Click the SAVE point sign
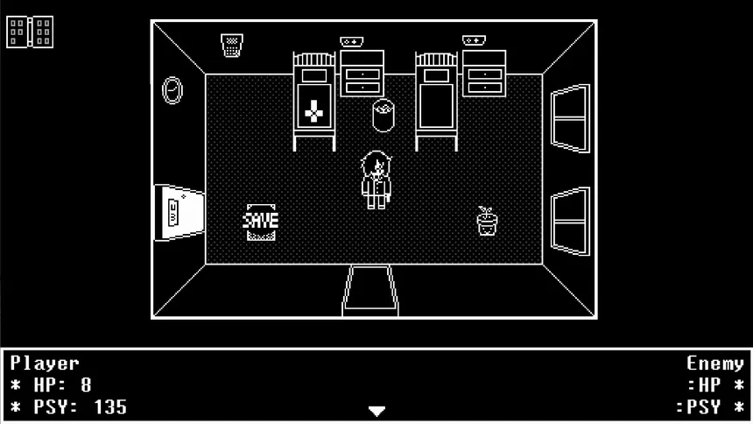(x=260, y=222)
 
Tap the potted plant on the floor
(x=487, y=221)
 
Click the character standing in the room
(x=376, y=180)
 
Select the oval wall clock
(x=172, y=90)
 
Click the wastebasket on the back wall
(x=232, y=46)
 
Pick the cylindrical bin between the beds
(x=384, y=116)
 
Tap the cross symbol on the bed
(x=313, y=111)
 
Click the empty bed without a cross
(x=437, y=102)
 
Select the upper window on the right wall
(x=570, y=118)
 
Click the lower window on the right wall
(x=570, y=221)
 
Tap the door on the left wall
(x=179, y=213)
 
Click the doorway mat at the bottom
(x=370, y=290)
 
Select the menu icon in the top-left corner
(x=30, y=32)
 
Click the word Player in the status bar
(x=45, y=364)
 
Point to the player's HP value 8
(x=86, y=385)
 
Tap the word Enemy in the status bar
(x=715, y=364)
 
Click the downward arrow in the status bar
(x=377, y=411)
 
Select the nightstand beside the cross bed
(x=362, y=74)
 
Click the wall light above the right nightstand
(x=474, y=40)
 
